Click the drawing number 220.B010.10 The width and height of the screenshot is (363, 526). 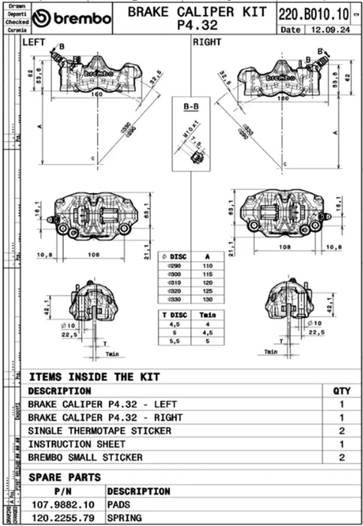(308, 14)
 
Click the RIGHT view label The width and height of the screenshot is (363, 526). (207, 43)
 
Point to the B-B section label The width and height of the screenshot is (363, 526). (191, 109)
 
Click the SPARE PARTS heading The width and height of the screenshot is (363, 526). (64, 476)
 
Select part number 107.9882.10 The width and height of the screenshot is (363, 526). (64, 505)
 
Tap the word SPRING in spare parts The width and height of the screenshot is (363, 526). (125, 518)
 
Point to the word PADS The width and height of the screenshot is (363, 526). (120, 505)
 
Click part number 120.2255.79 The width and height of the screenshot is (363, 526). (64, 518)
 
